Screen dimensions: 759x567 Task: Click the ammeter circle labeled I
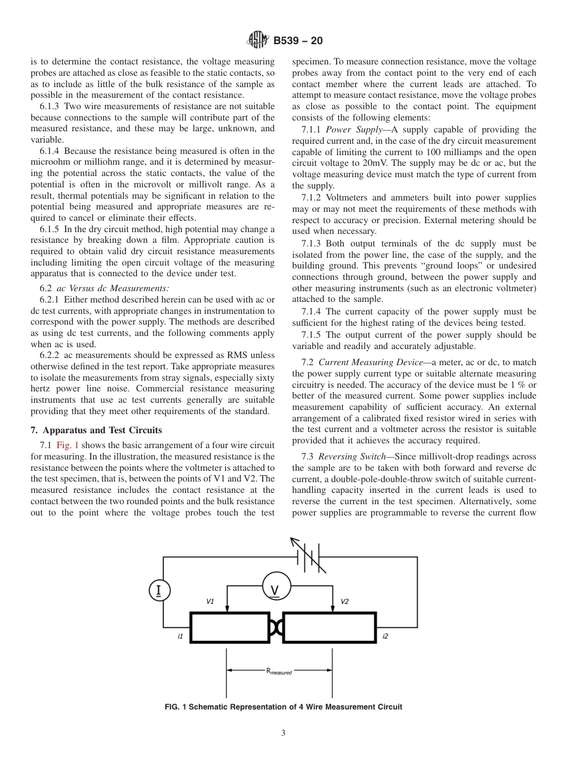(159, 591)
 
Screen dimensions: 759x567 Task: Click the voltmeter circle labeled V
(275, 587)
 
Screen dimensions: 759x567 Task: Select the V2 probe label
(345, 601)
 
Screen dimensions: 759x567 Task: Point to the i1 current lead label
(180, 637)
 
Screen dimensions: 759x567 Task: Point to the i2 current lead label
(385, 637)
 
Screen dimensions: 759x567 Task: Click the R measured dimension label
(279, 671)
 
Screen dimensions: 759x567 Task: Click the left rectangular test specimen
(229, 627)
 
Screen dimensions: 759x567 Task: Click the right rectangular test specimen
(329, 627)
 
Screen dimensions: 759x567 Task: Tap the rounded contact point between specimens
(276, 627)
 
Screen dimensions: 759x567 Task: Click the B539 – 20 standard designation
(298, 41)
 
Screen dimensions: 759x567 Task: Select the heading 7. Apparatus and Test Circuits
(97, 430)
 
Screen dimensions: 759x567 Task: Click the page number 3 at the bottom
(283, 733)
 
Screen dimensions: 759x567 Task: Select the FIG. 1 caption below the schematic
(283, 706)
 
